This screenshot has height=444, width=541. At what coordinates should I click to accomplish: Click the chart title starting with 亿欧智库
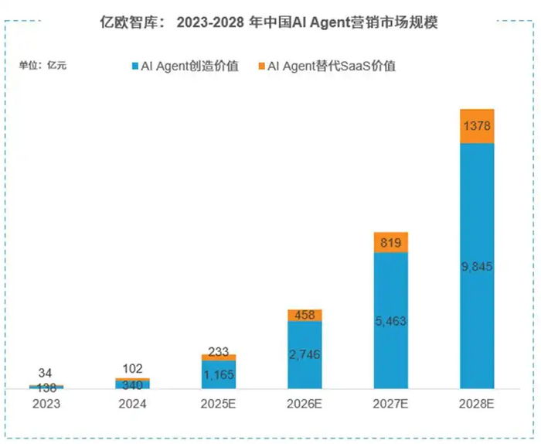pyautogui.click(x=270, y=24)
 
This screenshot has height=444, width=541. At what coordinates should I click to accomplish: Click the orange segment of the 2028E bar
pyautogui.click(x=477, y=126)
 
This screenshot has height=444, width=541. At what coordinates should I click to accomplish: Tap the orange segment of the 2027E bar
pyautogui.click(x=390, y=243)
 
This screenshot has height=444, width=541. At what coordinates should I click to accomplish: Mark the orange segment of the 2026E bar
pyautogui.click(x=305, y=316)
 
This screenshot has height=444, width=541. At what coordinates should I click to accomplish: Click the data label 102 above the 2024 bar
pyautogui.click(x=132, y=369)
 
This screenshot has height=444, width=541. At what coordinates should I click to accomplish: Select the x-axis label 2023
pyautogui.click(x=46, y=405)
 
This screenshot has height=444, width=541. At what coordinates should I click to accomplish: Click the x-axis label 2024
pyautogui.click(x=132, y=405)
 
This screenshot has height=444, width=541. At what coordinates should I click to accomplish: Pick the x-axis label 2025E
pyautogui.click(x=219, y=405)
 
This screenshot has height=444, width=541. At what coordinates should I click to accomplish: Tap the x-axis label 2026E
pyautogui.click(x=305, y=405)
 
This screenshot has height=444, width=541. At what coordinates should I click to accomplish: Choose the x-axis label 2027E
pyautogui.click(x=390, y=405)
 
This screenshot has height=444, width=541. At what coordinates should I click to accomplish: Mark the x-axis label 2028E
pyautogui.click(x=477, y=405)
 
